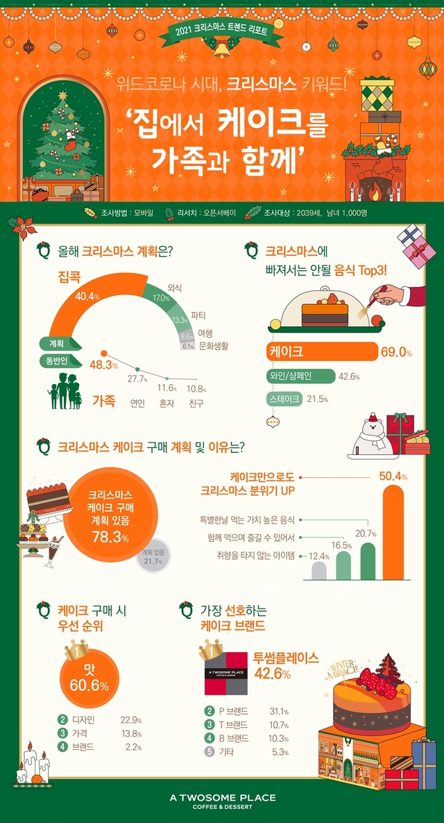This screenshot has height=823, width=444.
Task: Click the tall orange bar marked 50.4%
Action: click(393, 532)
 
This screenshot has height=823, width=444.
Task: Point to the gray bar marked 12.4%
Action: click(318, 570)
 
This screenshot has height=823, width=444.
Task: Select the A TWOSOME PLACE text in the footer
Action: click(222, 797)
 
